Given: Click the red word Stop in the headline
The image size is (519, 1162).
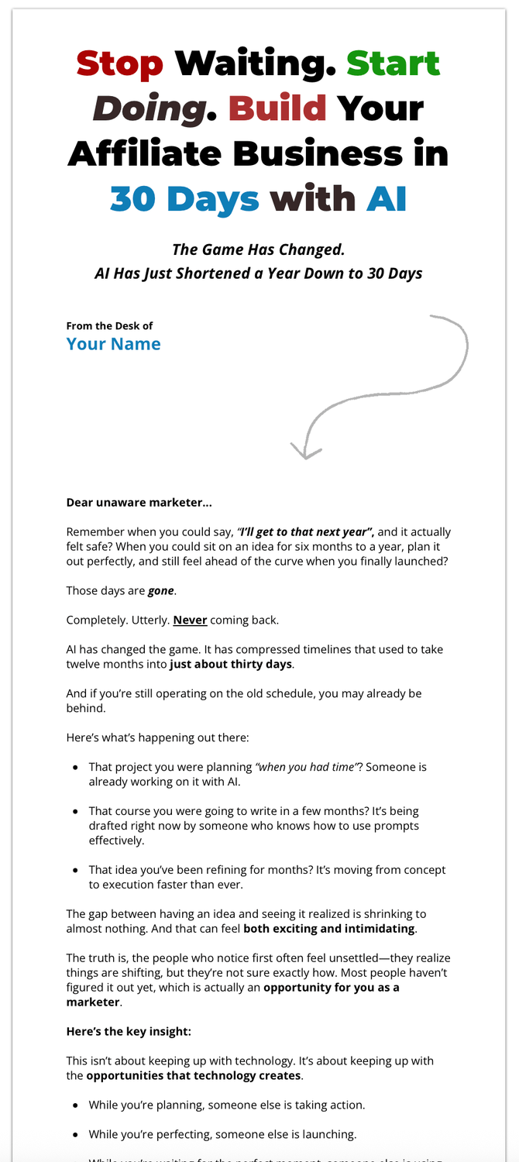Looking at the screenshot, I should click(120, 63).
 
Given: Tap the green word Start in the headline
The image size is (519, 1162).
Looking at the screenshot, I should click(393, 63).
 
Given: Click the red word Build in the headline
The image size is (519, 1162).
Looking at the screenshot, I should click(277, 109).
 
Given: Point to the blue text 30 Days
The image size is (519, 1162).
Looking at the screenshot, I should click(184, 199).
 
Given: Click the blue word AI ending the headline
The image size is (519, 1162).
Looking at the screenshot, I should click(387, 199).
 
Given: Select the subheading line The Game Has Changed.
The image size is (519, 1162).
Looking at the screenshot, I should click(258, 249).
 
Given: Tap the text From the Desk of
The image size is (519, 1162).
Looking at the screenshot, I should click(109, 326).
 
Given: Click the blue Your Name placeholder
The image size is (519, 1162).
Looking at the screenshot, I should click(113, 344).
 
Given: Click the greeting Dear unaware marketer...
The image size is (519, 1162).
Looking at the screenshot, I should click(139, 503).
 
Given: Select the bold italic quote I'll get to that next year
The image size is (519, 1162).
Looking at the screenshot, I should click(306, 532).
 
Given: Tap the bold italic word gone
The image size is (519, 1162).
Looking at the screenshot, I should click(162, 591).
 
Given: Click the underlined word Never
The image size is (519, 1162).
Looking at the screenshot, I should click(190, 621).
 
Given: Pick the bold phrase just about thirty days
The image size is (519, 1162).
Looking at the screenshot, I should click(231, 665).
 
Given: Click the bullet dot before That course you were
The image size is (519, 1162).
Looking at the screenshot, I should click(75, 812).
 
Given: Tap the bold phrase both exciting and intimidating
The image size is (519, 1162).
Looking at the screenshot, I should click(329, 929).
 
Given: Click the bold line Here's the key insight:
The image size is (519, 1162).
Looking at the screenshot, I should click(129, 1032).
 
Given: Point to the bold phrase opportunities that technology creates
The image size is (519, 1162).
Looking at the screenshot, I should click(194, 1076).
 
